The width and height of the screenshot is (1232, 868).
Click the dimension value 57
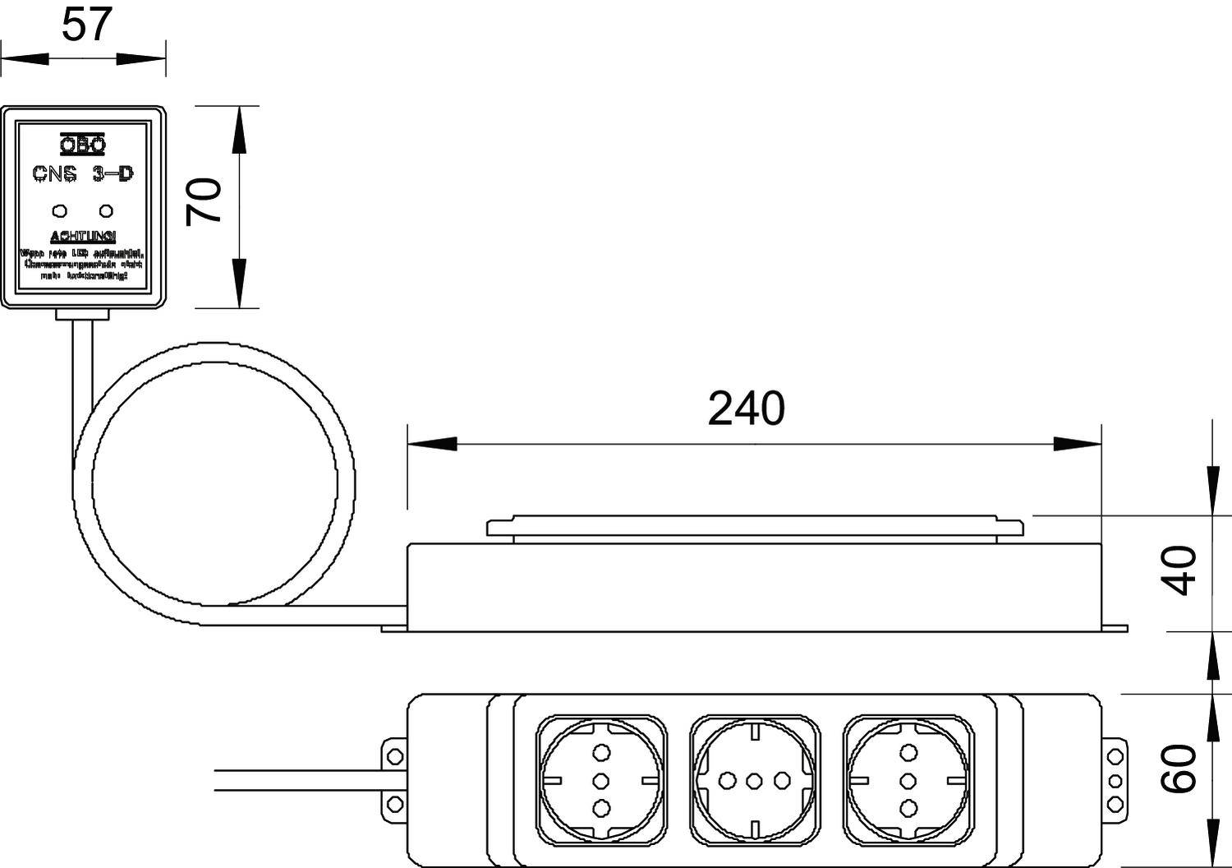coord(86,24)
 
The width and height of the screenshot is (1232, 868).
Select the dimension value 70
coord(204,201)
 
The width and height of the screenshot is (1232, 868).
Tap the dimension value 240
coord(746,409)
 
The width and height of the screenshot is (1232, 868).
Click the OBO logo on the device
coord(83,145)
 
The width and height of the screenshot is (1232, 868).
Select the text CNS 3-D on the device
coord(83,173)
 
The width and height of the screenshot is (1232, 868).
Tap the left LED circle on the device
coord(60,210)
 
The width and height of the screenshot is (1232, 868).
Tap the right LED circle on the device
coord(105,210)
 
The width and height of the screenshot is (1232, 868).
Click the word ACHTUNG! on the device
coord(83,237)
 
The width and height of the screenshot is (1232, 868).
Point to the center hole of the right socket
coord(908,779)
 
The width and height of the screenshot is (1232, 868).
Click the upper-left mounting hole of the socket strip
coord(395,755)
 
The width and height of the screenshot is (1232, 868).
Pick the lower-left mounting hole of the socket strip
coord(395,802)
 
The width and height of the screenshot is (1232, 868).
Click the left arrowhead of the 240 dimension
coord(431,444)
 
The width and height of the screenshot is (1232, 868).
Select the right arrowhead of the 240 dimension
coord(1077,444)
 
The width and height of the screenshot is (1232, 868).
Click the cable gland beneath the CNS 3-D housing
coord(82,314)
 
